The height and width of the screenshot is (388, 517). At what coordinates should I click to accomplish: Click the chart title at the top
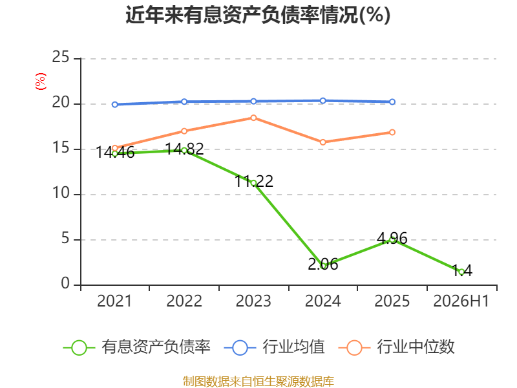[x=258, y=15]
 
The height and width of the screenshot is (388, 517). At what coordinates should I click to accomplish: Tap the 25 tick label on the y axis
[x=61, y=57]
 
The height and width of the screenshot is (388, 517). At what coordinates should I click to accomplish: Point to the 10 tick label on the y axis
[x=61, y=193]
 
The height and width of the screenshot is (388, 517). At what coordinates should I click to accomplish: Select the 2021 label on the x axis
[x=114, y=301]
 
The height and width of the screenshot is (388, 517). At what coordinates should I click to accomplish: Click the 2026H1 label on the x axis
[x=461, y=301]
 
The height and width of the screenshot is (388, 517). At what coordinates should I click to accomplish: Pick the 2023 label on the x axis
[x=253, y=301]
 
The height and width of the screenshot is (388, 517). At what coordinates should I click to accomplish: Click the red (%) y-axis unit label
[x=41, y=81]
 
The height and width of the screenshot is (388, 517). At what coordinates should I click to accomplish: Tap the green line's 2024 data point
[x=322, y=266]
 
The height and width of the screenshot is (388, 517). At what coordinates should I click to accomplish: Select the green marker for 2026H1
[x=461, y=272]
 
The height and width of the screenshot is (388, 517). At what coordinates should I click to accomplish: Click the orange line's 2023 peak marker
[x=253, y=118]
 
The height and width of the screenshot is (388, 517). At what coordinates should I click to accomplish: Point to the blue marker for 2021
[x=115, y=105]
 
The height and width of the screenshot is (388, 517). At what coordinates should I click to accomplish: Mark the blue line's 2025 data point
[x=392, y=102]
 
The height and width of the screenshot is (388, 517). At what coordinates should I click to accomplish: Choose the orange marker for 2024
[x=322, y=142]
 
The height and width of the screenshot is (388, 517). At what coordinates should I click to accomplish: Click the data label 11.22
[x=254, y=181]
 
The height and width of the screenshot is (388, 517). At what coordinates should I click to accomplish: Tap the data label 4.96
[x=392, y=238]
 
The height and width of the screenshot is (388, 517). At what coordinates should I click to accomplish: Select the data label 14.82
[x=184, y=149]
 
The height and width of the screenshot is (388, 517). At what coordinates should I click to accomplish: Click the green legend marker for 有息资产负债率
[x=79, y=348]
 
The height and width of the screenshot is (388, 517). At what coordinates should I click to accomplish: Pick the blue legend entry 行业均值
[x=274, y=347]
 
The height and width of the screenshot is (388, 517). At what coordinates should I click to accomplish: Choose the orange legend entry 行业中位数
[x=397, y=347]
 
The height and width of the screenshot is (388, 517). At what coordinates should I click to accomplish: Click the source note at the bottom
[x=258, y=382]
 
